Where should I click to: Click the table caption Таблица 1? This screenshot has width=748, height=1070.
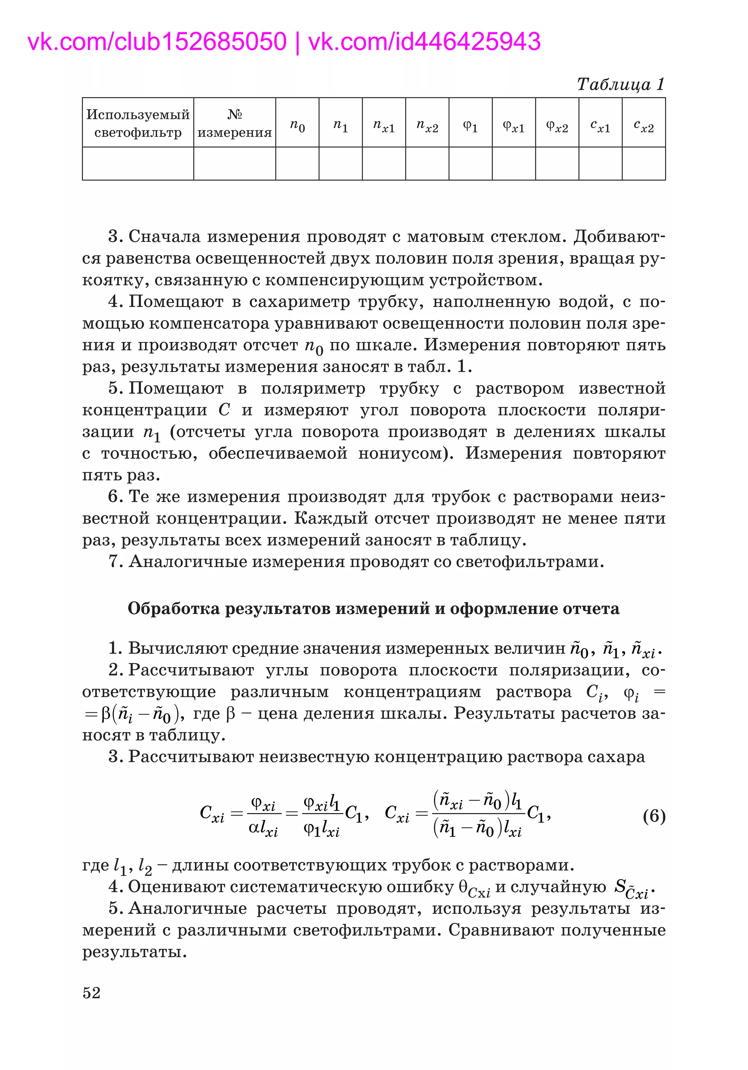pyautogui.click(x=620, y=84)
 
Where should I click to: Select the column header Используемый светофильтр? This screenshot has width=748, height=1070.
pyautogui.click(x=138, y=123)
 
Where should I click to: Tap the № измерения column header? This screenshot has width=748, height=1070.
pyautogui.click(x=234, y=123)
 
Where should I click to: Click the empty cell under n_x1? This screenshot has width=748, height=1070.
pyautogui.click(x=383, y=163)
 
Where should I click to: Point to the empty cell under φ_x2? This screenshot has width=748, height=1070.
pyautogui.click(x=557, y=163)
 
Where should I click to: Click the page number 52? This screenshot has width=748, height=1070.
pyautogui.click(x=91, y=993)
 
